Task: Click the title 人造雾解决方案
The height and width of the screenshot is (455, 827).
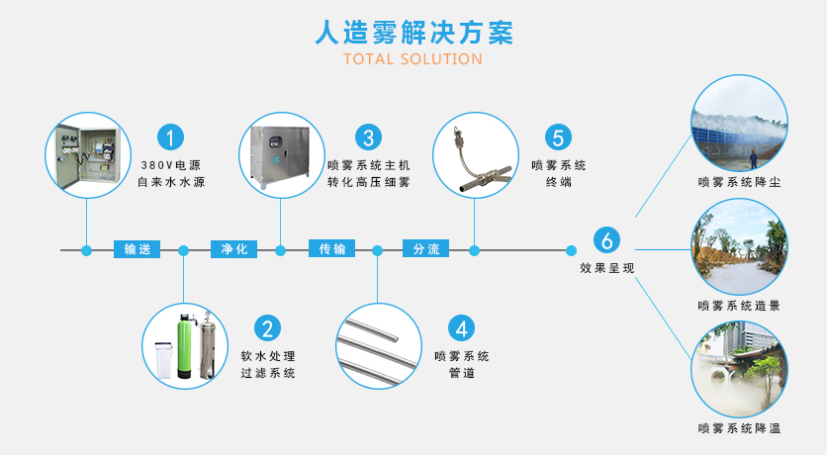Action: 413,32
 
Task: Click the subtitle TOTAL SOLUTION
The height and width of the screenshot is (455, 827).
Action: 413,59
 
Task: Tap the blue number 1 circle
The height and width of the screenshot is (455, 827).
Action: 173,137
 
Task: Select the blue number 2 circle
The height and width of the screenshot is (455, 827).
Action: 267,327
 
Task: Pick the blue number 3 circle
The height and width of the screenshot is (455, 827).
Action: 368,137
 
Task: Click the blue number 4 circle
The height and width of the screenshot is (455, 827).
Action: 461,327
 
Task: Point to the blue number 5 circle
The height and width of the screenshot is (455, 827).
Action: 559,137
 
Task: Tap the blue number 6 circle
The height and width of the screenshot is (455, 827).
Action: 607,239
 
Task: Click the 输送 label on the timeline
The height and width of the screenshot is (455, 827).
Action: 137,249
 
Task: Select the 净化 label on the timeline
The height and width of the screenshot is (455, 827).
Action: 233,249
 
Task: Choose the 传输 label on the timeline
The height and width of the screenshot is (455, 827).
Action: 330,249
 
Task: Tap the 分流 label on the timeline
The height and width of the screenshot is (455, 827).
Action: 426,249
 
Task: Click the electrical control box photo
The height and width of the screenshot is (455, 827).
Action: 87,155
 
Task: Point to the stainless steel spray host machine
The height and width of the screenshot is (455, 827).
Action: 281,155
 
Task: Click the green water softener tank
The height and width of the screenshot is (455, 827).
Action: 183,346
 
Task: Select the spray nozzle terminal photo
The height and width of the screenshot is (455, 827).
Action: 475,155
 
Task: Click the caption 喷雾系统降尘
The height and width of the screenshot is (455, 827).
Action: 738,182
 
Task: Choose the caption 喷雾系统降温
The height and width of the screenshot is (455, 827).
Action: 738,428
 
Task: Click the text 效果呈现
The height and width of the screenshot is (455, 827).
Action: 606,268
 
